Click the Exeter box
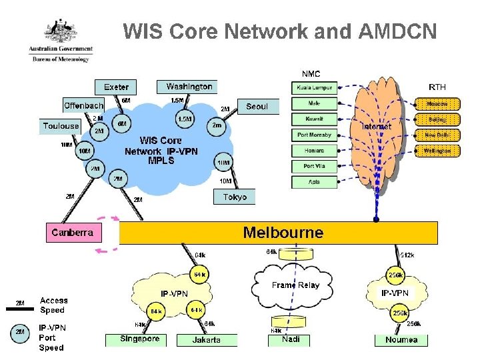tap(117, 87)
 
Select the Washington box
tap(187, 87)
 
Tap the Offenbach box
tap(84, 105)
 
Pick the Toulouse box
tap(61, 126)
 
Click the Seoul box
tap(257, 106)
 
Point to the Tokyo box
tap(234, 197)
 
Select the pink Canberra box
tap(73, 233)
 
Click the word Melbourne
tap(283, 233)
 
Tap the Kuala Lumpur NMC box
tap(313, 88)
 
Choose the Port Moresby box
tap(313, 135)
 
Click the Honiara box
tap(313, 151)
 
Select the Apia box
tap(313, 182)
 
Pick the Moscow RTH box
tap(437, 104)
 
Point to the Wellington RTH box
tap(437, 151)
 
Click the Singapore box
tap(140, 339)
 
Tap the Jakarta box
tap(207, 340)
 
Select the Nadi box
tap(291, 339)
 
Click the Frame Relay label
tap(295, 285)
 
